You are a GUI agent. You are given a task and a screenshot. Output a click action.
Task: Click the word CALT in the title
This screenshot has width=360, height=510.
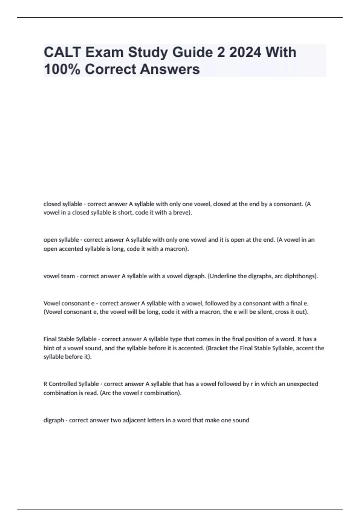pyautogui.click(x=62, y=52)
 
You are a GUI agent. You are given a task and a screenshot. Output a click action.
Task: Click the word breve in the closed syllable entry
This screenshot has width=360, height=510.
pyautogui.click(x=181, y=213)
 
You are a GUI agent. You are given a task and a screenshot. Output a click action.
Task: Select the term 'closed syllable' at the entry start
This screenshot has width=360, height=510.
pyautogui.click(x=63, y=204)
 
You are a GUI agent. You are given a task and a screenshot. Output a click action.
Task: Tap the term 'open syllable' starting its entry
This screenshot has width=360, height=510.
pyautogui.click(x=61, y=240)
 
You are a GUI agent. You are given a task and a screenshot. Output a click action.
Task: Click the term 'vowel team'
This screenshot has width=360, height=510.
pyautogui.click(x=59, y=276)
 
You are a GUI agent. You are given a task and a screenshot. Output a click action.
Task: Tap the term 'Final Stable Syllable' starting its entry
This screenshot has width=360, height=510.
pyautogui.click(x=70, y=339)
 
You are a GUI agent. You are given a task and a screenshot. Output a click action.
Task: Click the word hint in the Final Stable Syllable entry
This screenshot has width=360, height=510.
pyautogui.click(x=49, y=348)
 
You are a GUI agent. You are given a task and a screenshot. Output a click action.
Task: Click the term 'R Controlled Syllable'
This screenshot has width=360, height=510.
pyautogui.click(x=71, y=384)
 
